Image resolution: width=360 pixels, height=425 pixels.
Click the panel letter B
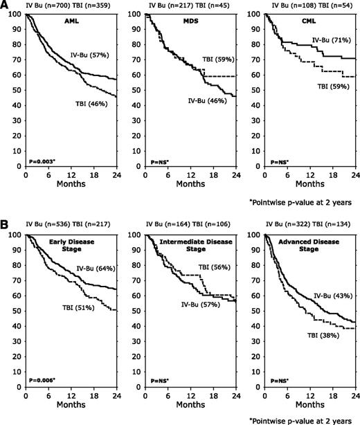6,226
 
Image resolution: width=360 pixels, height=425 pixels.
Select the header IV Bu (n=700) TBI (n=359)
60,6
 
